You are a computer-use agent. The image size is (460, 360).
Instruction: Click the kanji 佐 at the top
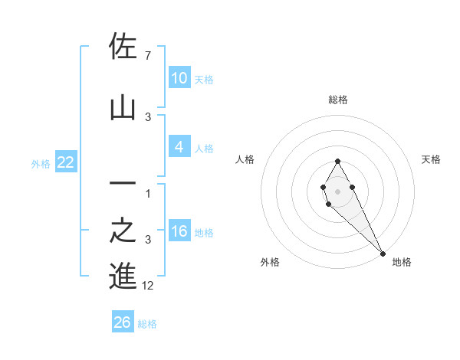(123, 47)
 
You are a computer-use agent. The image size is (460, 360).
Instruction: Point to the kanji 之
(123, 231)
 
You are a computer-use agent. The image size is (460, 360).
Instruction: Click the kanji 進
(123, 276)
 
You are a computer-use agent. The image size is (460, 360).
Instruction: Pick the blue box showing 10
(179, 78)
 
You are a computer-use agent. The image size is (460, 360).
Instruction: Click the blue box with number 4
(179, 147)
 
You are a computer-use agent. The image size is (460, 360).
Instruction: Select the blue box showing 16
(179, 231)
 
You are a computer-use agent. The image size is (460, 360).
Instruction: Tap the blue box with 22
(65, 162)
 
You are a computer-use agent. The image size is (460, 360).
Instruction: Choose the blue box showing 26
(123, 322)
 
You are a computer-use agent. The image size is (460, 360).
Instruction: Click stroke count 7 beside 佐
(147, 56)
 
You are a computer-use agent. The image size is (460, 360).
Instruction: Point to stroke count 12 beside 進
(148, 286)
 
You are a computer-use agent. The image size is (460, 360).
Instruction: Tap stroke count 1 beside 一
(148, 193)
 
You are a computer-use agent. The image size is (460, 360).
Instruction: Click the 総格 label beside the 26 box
(147, 324)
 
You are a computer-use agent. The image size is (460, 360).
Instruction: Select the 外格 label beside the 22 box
(41, 163)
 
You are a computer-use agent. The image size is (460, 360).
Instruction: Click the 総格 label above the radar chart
(338, 100)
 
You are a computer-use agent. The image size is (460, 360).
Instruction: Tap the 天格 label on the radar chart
(432, 159)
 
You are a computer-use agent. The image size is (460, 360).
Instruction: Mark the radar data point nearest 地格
(383, 253)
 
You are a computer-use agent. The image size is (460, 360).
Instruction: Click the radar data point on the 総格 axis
(337, 161)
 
